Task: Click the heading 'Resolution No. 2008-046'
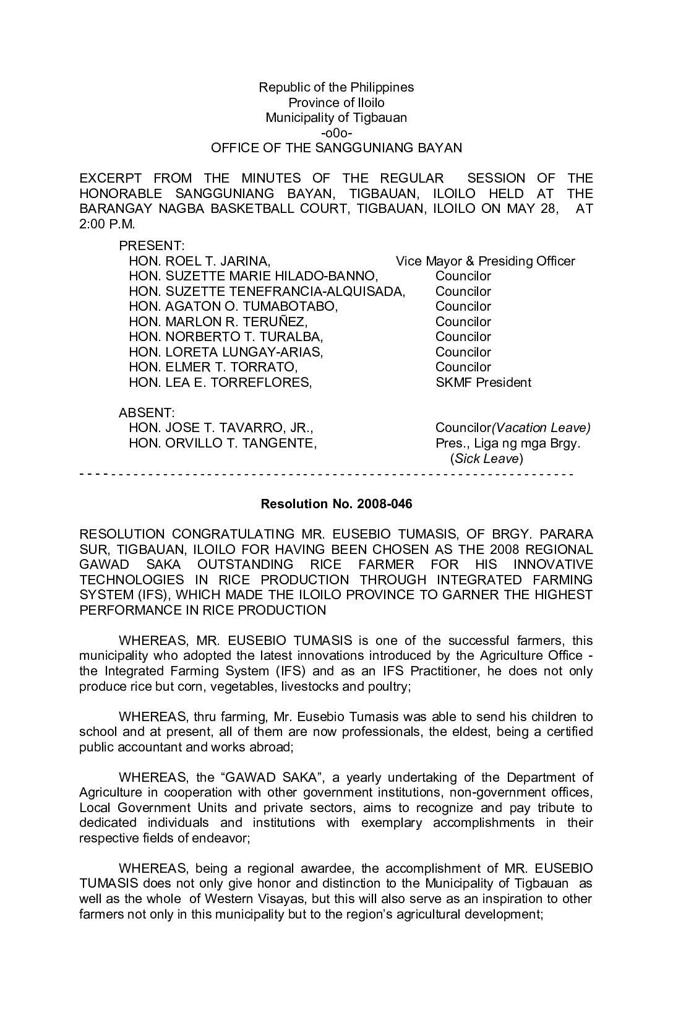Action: [x=336, y=504]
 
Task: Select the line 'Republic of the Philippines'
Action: [x=336, y=87]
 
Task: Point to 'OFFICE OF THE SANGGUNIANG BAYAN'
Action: [x=336, y=148]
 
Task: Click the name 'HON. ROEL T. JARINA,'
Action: [x=199, y=261]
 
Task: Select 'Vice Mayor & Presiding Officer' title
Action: [x=485, y=261]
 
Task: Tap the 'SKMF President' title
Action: [x=482, y=383]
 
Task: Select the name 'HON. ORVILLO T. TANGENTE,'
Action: [x=223, y=443]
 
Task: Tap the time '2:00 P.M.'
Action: [x=106, y=223]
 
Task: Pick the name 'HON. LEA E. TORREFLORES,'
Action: [x=220, y=383]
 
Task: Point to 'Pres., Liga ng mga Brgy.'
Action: [x=507, y=443]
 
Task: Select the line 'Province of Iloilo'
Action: [x=336, y=103]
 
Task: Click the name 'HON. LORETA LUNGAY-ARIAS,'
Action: [x=226, y=352]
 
